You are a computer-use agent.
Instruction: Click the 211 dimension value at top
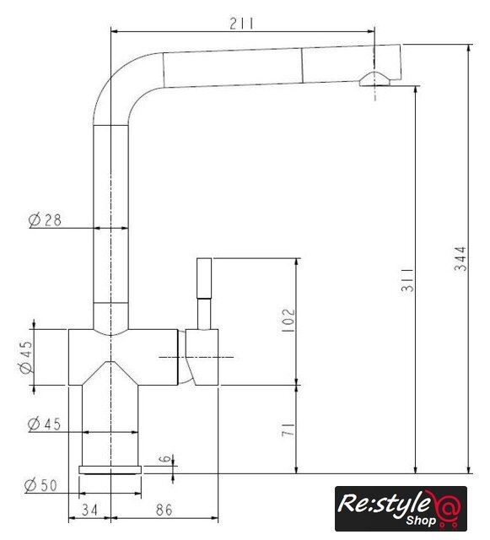(241, 24)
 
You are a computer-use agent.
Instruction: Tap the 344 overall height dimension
(460, 259)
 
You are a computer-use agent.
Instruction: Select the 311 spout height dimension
(407, 279)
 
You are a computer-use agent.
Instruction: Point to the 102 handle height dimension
(288, 321)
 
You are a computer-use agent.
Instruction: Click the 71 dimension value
(288, 429)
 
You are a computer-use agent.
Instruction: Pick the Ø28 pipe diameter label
(45, 219)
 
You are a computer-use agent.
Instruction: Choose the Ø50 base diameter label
(40, 485)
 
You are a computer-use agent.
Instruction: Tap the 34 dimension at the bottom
(89, 510)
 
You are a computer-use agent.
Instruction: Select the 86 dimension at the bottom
(164, 510)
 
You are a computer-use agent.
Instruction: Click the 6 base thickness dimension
(166, 459)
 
